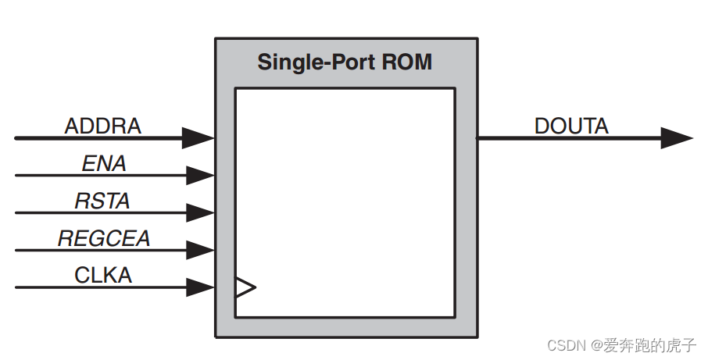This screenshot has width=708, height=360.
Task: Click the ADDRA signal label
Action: click(x=102, y=126)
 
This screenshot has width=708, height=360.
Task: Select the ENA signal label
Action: click(x=104, y=163)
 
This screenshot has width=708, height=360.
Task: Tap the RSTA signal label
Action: click(x=102, y=201)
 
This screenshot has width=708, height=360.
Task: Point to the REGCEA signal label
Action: click(x=104, y=238)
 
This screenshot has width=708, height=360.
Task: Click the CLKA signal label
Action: click(x=103, y=275)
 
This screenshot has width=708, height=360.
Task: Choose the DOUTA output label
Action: click(x=571, y=126)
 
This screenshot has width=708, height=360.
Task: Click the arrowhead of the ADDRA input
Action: click(x=198, y=138)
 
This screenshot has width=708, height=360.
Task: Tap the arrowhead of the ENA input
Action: click(x=200, y=175)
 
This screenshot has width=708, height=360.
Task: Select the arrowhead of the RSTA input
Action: click(x=200, y=212)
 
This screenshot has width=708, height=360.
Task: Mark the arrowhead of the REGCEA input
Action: click(x=200, y=250)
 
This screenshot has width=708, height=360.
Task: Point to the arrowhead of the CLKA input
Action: click(x=200, y=287)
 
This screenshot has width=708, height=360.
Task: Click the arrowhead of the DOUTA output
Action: click(x=676, y=138)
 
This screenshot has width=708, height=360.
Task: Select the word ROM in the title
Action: click(x=406, y=62)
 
